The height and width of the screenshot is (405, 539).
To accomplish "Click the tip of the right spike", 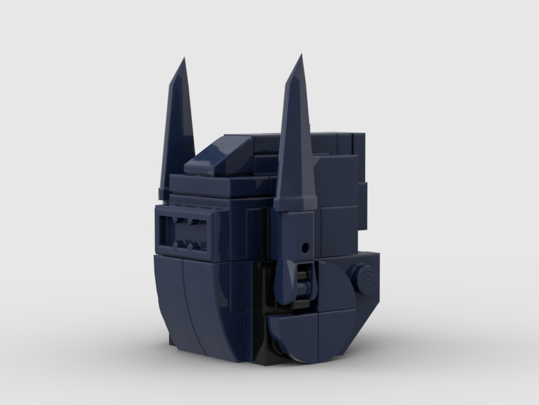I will point(301,56).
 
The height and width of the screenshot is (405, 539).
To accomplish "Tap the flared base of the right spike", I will point(294,204).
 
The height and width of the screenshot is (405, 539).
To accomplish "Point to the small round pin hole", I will point(305,248).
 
